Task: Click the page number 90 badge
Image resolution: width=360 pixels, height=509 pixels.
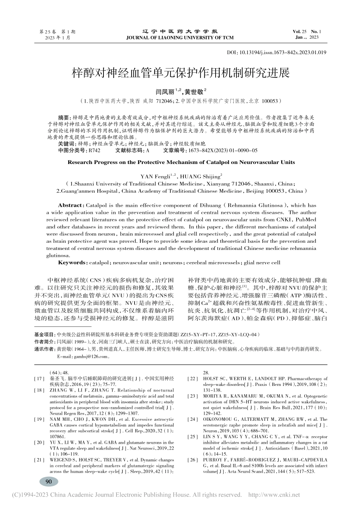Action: pos(49,482)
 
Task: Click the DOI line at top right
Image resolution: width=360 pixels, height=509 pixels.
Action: pos(276,53)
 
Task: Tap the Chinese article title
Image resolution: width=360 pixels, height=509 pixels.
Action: pos(180,73)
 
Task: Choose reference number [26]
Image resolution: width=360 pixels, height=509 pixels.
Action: pos(193,460)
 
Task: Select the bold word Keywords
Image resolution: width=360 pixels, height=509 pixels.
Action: pos(72,262)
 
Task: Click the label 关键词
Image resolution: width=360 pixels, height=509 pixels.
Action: pos(66,144)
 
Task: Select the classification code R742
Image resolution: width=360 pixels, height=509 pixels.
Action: pos(94,150)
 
